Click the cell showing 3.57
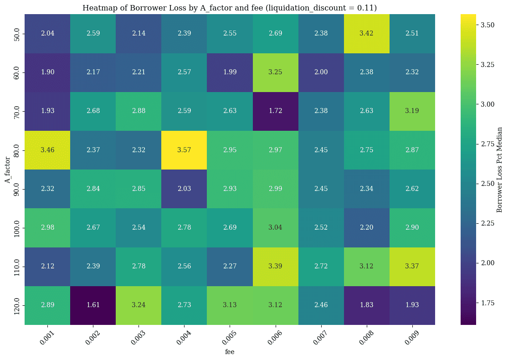pyautogui.click(x=185, y=150)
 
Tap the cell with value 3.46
pyautogui.click(x=47, y=150)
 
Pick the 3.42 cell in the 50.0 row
pyautogui.click(x=367, y=34)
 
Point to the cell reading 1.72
pyautogui.click(x=276, y=111)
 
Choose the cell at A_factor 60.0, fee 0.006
pyautogui.click(x=276, y=72)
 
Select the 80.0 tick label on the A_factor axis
pyautogui.click(x=17, y=150)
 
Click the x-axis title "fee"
pyautogui.click(x=230, y=352)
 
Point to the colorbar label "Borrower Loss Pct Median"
pyautogui.click(x=499, y=170)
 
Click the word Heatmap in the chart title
pyautogui.click(x=97, y=8)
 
